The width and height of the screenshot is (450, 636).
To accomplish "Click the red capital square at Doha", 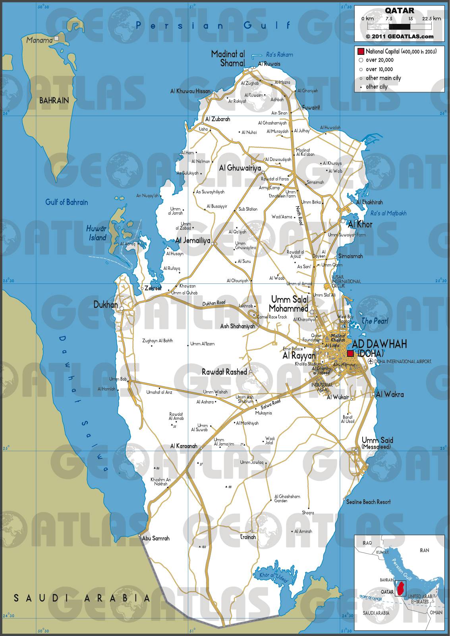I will click(350, 353).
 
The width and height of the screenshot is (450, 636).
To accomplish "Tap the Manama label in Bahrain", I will click(39, 40).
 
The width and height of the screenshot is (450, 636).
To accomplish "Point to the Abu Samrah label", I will click(156, 538).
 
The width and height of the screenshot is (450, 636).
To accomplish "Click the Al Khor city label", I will click(359, 224).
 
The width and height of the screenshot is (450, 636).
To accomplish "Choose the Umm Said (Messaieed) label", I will click(377, 442).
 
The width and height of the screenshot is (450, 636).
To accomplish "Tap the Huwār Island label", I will click(97, 233).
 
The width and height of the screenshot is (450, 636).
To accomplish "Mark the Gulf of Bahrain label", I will click(66, 202).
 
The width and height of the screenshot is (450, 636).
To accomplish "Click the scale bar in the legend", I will click(399, 27).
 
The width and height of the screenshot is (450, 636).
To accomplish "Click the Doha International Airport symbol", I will click(371, 361).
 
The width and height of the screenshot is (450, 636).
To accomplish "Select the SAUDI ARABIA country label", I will click(82, 598).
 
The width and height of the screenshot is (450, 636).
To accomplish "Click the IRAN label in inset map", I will click(424, 550).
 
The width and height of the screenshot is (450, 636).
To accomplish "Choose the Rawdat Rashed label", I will click(224, 372).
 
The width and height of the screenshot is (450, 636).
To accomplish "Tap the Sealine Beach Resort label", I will click(368, 502).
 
